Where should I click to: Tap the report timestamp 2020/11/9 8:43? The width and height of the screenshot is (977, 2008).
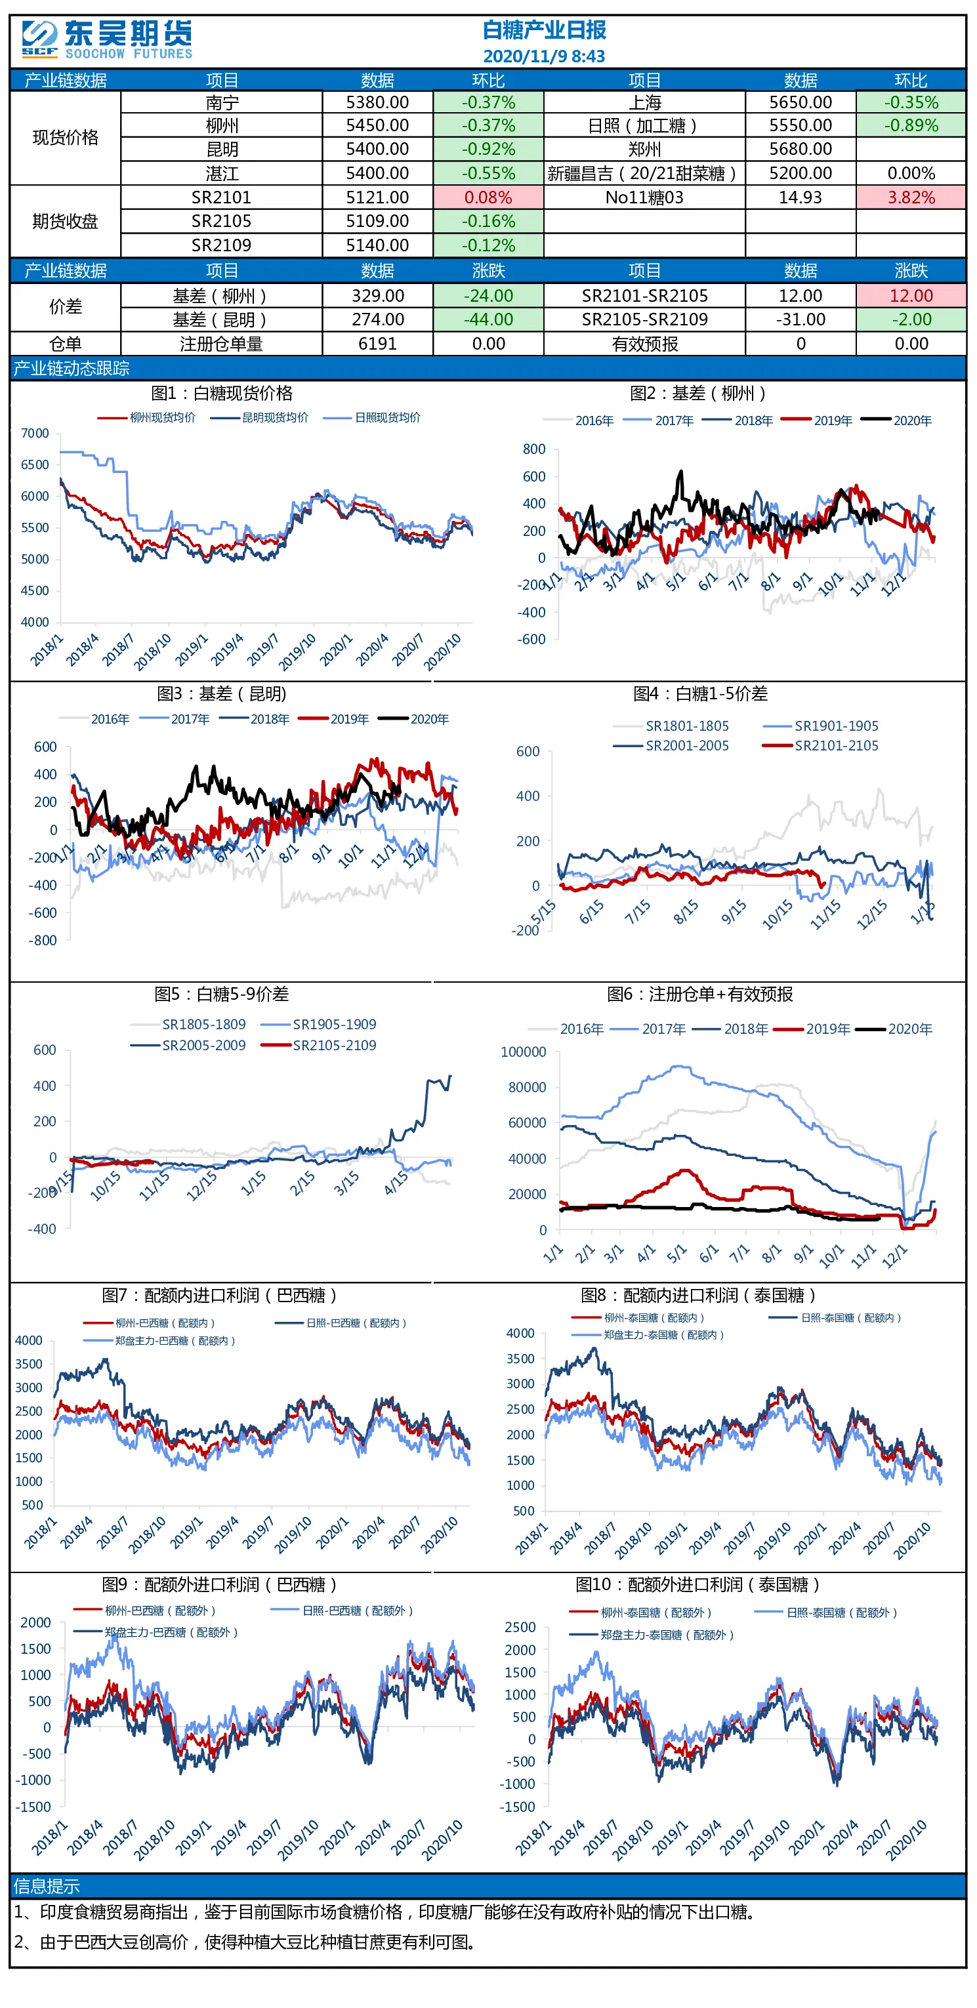[x=543, y=56]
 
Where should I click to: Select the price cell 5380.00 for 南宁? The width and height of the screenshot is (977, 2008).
[x=377, y=102]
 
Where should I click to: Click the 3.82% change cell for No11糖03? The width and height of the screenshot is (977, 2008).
[x=911, y=197]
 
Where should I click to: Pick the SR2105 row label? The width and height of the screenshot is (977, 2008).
[x=221, y=221]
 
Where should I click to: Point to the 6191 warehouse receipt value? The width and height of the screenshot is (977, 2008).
[x=377, y=344]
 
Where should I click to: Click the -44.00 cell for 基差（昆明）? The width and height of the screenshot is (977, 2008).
[x=488, y=319]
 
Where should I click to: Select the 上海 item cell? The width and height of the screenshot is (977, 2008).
[x=645, y=102]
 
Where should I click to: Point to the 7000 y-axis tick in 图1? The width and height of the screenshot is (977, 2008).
[x=35, y=434]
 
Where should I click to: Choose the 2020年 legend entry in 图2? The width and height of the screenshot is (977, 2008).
[x=897, y=421]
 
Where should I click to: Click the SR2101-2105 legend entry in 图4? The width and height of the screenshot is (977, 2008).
[x=820, y=746]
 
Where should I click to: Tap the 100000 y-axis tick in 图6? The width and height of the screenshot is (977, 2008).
[x=523, y=1052]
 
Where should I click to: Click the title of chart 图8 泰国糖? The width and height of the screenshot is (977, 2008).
[x=698, y=1296]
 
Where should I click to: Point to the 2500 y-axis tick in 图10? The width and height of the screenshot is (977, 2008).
[x=520, y=1628]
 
